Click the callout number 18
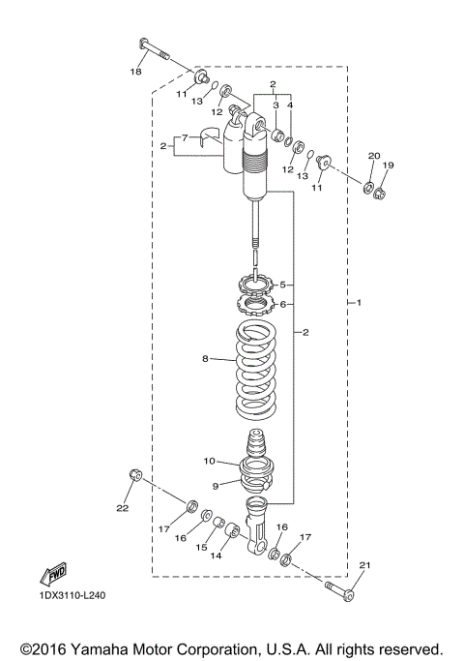(x=136, y=72)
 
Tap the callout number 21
(x=363, y=565)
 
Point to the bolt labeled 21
(x=337, y=587)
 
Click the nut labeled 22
(x=136, y=475)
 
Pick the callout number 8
(x=205, y=359)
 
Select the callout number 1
(x=359, y=303)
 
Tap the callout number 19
(x=389, y=165)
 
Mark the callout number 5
(x=283, y=285)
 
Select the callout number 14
(x=216, y=556)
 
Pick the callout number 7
(x=184, y=137)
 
